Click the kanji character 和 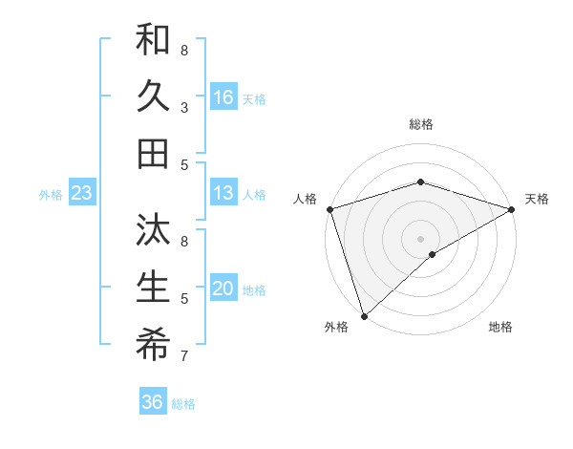click(153, 40)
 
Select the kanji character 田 click(153, 152)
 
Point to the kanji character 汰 click(153, 230)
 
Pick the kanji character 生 click(153, 287)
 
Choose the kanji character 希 click(153, 343)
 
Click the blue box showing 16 click(223, 96)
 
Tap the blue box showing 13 click(223, 193)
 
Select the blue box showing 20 click(223, 289)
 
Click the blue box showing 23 click(82, 194)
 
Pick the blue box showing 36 click(153, 402)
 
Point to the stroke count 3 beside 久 click(184, 107)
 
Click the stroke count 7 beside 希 click(184, 355)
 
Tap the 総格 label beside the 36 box click(184, 404)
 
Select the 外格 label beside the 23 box click(51, 195)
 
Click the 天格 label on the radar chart click(537, 199)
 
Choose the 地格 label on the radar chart click(500, 327)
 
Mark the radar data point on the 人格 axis click(329, 209)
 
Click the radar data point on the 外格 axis click(364, 315)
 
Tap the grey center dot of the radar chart click(420, 238)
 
